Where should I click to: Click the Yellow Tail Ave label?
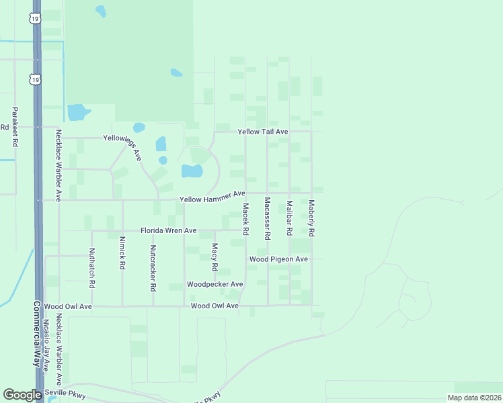263,132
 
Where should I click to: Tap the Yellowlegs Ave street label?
122,146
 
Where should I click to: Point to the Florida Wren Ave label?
168,230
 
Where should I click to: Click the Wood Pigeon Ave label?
278,259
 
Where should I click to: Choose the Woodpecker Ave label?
215,284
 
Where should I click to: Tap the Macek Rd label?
245,219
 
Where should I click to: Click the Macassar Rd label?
268,218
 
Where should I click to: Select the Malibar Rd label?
289,218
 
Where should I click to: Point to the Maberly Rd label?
311,218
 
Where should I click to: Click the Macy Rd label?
215,257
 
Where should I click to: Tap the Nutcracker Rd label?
153,267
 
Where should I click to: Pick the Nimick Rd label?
122,253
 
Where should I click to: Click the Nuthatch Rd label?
92,269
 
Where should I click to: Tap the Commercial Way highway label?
38,332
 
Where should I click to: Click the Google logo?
22,395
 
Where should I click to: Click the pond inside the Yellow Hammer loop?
192,171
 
